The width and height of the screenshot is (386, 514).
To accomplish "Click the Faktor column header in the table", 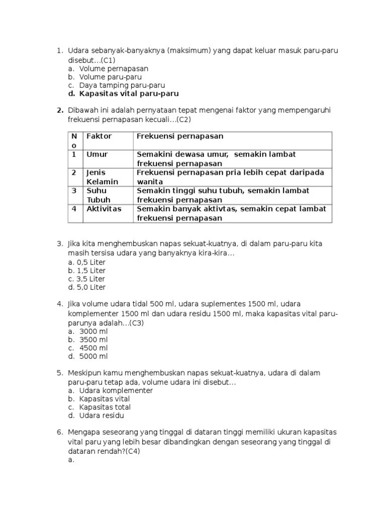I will (99, 137).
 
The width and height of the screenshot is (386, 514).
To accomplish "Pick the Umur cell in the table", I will (97, 155).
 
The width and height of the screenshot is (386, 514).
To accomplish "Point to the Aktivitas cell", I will (104, 209).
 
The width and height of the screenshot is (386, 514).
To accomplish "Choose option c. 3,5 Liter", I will (87, 279).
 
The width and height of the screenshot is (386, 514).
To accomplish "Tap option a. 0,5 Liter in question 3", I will (87, 262).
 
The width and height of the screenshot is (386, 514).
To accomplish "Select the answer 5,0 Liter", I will (87, 288).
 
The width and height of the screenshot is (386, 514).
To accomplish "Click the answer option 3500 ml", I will (93, 340).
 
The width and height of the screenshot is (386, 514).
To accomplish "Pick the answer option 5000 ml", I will (93, 357).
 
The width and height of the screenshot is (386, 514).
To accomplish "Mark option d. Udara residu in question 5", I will (102, 416).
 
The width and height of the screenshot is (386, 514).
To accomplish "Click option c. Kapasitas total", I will (105, 407).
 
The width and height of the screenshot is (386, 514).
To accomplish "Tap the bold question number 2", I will (59, 110).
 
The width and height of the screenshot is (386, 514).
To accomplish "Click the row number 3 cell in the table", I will (74, 191).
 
